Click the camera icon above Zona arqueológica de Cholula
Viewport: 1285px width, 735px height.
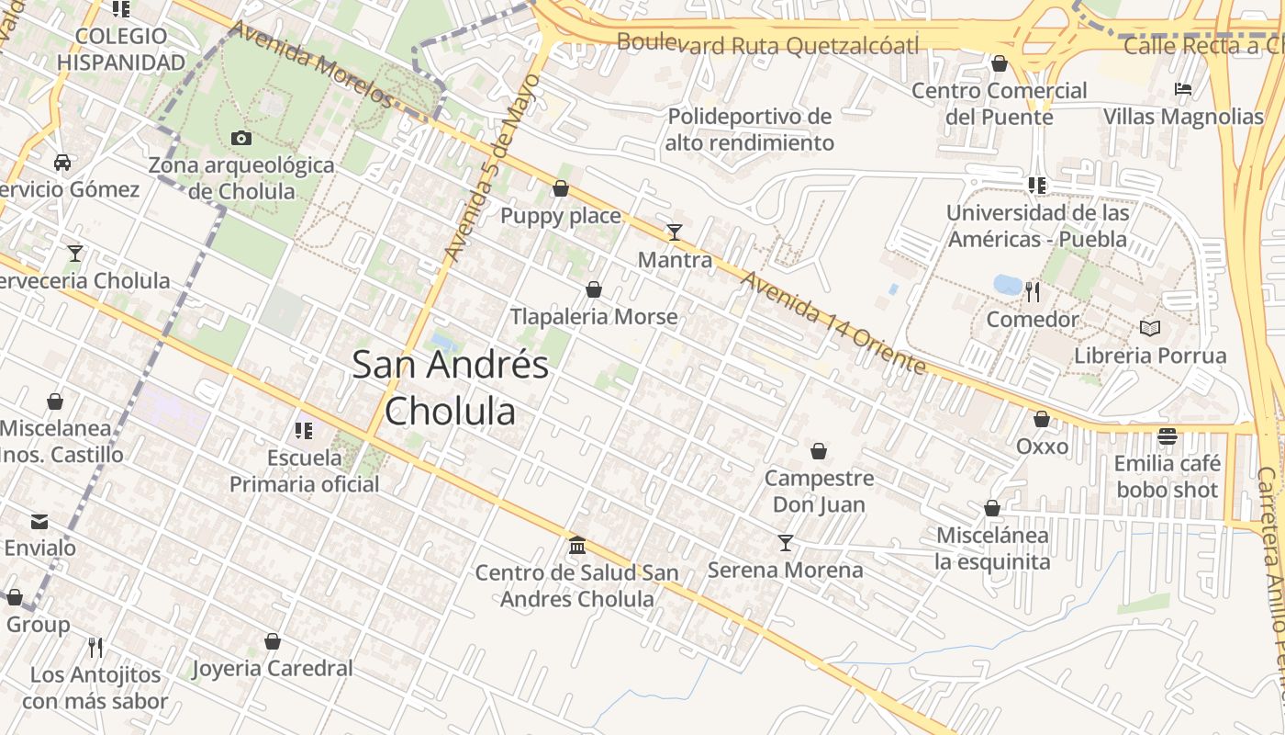click(x=241, y=139)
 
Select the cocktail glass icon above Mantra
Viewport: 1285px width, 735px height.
click(x=675, y=232)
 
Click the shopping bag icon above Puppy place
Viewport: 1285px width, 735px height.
click(x=561, y=189)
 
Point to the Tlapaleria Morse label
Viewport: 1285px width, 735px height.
click(x=594, y=317)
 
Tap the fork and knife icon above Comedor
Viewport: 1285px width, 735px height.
click(x=1033, y=292)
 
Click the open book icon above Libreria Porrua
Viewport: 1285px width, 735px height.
click(x=1149, y=328)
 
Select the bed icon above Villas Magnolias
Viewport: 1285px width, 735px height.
click(x=1183, y=90)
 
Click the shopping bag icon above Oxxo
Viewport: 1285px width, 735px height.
click(x=1042, y=420)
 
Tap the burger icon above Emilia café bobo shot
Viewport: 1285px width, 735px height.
click(x=1168, y=435)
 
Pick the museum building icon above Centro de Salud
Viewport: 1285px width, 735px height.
click(x=577, y=546)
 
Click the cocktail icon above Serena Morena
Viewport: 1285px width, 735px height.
click(x=785, y=543)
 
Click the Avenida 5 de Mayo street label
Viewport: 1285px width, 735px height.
click(x=492, y=166)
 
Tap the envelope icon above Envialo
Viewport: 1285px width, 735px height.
click(x=39, y=522)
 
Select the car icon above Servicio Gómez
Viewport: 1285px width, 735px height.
click(x=62, y=163)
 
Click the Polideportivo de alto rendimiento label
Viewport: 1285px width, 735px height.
click(x=749, y=130)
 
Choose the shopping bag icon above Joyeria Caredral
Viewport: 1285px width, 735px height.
click(x=273, y=641)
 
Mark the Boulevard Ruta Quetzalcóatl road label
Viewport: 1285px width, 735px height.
click(x=767, y=43)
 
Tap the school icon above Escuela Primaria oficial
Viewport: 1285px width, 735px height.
click(x=304, y=430)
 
